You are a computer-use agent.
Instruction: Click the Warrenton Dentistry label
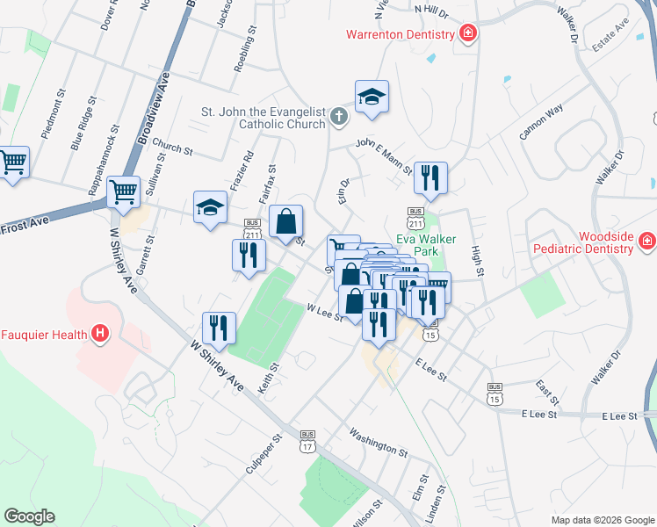[x=400, y=35]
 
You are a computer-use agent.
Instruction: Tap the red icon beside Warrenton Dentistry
[x=468, y=34]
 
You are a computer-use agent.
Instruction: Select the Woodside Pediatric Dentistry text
[x=581, y=243]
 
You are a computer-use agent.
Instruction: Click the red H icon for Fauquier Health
[x=100, y=334]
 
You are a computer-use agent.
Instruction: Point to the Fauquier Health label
[x=44, y=334]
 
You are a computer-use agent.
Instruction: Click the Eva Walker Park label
[x=428, y=244]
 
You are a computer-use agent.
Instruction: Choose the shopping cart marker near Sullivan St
[x=123, y=191]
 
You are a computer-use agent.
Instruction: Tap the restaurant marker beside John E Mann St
[x=430, y=177]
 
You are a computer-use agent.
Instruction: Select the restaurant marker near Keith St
[x=219, y=328]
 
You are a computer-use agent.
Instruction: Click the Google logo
[x=29, y=516]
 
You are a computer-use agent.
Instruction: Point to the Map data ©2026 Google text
[x=602, y=520]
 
